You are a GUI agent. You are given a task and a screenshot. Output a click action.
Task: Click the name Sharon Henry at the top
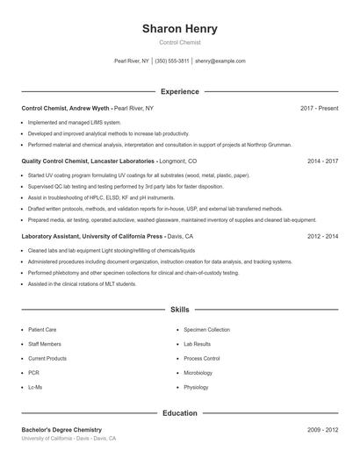[x=179, y=29]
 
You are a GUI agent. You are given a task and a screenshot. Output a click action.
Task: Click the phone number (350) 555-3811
[x=172, y=61]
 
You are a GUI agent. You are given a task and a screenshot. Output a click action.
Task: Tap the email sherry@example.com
[x=220, y=61]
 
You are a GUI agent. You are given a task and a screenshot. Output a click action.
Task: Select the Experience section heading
[x=179, y=91]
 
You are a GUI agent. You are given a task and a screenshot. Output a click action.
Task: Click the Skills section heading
[x=179, y=310]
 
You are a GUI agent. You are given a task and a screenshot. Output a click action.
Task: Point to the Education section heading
[x=179, y=412]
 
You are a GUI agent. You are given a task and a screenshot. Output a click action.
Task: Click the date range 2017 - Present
[x=319, y=108]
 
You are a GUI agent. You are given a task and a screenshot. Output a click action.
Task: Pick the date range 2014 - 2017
[x=322, y=161]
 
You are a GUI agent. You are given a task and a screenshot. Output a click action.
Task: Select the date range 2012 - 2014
[x=322, y=236]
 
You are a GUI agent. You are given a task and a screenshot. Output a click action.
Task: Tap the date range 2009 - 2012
[x=322, y=430]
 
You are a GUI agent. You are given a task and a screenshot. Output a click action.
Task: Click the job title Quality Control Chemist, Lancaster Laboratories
[x=88, y=161]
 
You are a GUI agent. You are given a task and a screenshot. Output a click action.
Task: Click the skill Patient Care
[x=42, y=330]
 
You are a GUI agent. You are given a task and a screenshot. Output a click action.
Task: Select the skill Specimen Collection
[x=206, y=330]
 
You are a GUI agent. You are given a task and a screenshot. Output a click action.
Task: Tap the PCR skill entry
[x=34, y=372]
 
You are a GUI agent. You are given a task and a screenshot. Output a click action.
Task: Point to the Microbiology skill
[x=198, y=372]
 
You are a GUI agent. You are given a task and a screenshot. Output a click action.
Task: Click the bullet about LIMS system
[x=75, y=122]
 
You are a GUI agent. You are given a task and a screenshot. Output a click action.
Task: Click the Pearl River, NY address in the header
[x=132, y=61]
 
